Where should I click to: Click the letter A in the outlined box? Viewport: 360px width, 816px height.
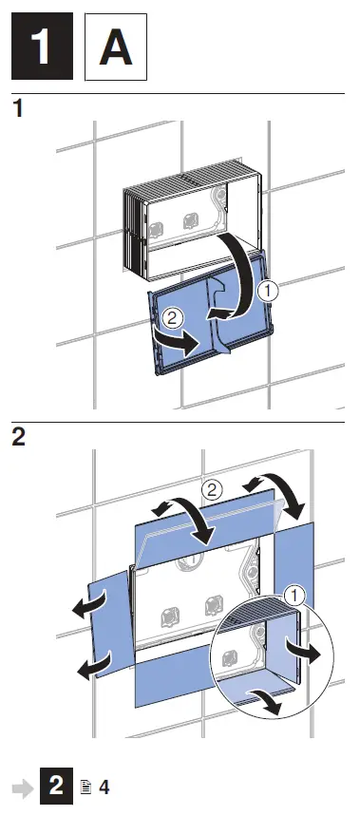(x=116, y=47)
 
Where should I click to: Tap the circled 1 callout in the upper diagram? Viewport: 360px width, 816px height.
(x=269, y=293)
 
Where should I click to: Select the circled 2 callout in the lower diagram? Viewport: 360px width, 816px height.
(x=213, y=491)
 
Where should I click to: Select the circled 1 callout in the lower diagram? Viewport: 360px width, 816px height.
(x=297, y=596)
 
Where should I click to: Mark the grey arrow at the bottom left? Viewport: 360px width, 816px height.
(x=20, y=788)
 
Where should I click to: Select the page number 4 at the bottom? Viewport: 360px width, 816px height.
(x=104, y=788)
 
